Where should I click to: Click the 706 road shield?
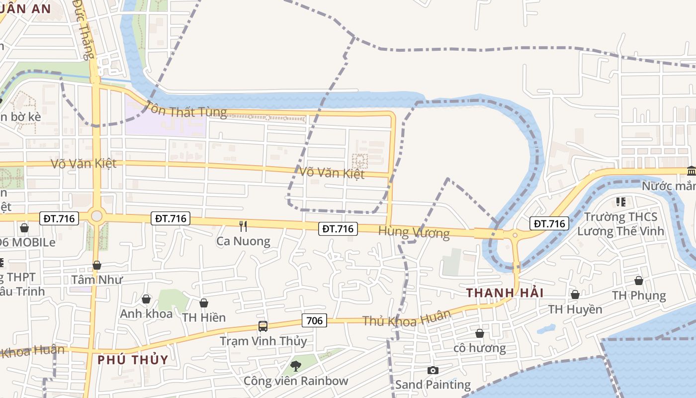(314, 320)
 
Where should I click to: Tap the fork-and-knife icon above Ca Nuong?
(243, 226)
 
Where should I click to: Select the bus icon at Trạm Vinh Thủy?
(262, 326)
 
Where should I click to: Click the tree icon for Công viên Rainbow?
(296, 366)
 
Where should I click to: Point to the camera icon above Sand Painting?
(433, 370)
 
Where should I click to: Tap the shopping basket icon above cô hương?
(480, 333)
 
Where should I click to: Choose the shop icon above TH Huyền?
(575, 295)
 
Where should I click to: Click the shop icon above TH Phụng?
(639, 281)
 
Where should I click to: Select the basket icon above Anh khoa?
(146, 299)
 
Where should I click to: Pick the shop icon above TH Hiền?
(204, 303)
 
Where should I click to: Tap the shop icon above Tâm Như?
(97, 265)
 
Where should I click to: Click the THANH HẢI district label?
(505, 293)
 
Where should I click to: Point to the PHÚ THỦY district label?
(133, 359)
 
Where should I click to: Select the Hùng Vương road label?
(414, 232)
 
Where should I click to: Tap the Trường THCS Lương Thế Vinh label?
(620, 224)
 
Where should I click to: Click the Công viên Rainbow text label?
(296, 381)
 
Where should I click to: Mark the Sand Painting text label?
(433, 385)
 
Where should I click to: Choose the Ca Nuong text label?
(243, 241)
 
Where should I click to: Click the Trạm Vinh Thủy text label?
(263, 341)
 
